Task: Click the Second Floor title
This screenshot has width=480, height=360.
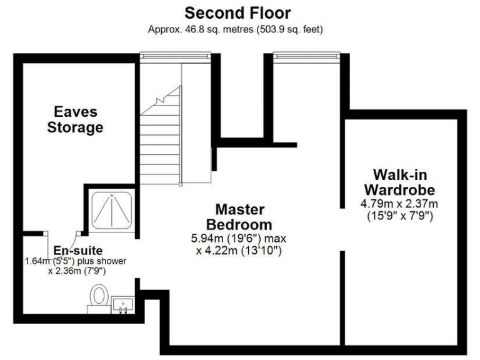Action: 237,13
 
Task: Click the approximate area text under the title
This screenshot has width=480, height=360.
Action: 235,29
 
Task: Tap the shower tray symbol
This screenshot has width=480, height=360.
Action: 112,209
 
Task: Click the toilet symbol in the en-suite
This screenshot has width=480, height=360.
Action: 99,296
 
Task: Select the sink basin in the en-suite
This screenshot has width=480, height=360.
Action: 124,305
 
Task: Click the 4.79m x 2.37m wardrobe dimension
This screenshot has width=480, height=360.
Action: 399,204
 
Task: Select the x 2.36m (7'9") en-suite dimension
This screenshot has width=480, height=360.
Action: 76,271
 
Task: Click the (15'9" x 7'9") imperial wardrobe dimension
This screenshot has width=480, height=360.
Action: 399,216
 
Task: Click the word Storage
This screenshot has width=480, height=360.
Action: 77,128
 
